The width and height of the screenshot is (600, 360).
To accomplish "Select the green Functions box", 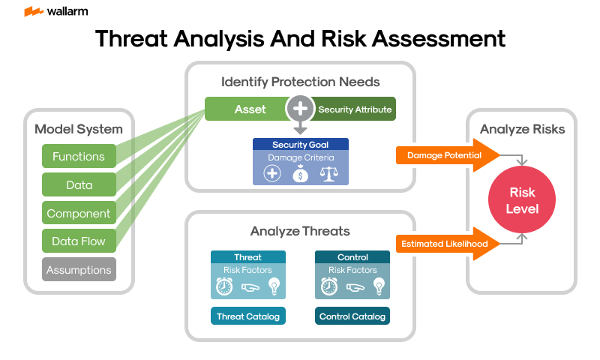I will pyautogui.click(x=79, y=156).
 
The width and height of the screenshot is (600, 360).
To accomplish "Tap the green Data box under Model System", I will pyautogui.click(x=79, y=184).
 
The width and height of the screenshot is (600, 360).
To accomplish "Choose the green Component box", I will pyautogui.click(x=79, y=213).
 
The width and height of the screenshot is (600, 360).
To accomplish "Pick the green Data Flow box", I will pyautogui.click(x=79, y=241).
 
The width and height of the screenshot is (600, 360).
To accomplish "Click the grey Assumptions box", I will pyautogui.click(x=79, y=270).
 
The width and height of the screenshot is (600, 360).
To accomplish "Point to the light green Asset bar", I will pyautogui.click(x=247, y=109).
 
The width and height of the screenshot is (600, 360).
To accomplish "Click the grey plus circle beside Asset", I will pyautogui.click(x=300, y=109).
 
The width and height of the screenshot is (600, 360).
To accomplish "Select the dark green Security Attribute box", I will pyautogui.click(x=354, y=109).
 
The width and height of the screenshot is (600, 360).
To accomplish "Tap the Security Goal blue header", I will pyautogui.click(x=300, y=145).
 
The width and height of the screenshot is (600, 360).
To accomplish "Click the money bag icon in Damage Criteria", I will pyautogui.click(x=300, y=173).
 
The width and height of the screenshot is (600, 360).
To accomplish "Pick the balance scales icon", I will pyautogui.click(x=328, y=173).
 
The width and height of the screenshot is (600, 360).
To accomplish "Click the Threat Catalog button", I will pyautogui.click(x=247, y=316).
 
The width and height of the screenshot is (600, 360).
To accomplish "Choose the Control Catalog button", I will pyautogui.click(x=352, y=316).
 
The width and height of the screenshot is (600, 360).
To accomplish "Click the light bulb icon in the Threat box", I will pyautogui.click(x=274, y=286).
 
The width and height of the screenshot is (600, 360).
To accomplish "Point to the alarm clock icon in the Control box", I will pyautogui.click(x=328, y=286).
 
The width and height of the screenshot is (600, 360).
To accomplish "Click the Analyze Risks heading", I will pyautogui.click(x=522, y=129).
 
